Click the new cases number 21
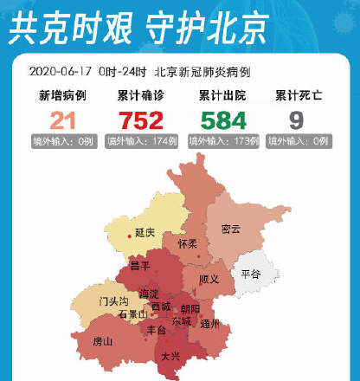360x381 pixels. coord(62,120)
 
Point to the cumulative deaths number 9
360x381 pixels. coord(296,120)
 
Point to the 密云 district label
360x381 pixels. coord(231,229)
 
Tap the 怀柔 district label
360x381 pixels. coord(188,244)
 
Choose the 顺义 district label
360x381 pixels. coord(209,280)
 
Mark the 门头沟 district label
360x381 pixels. coord(113,301)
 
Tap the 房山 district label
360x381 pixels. coord(103,341)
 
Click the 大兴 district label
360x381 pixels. coord(170,355)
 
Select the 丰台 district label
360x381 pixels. coord(157,330)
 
